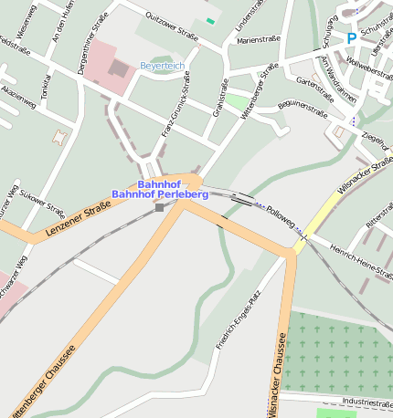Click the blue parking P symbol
coord(351,38)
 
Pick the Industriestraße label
coord(366,402)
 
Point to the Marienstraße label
coord(257,40)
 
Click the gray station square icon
coord(160,208)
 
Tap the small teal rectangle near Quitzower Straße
coord(210,20)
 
